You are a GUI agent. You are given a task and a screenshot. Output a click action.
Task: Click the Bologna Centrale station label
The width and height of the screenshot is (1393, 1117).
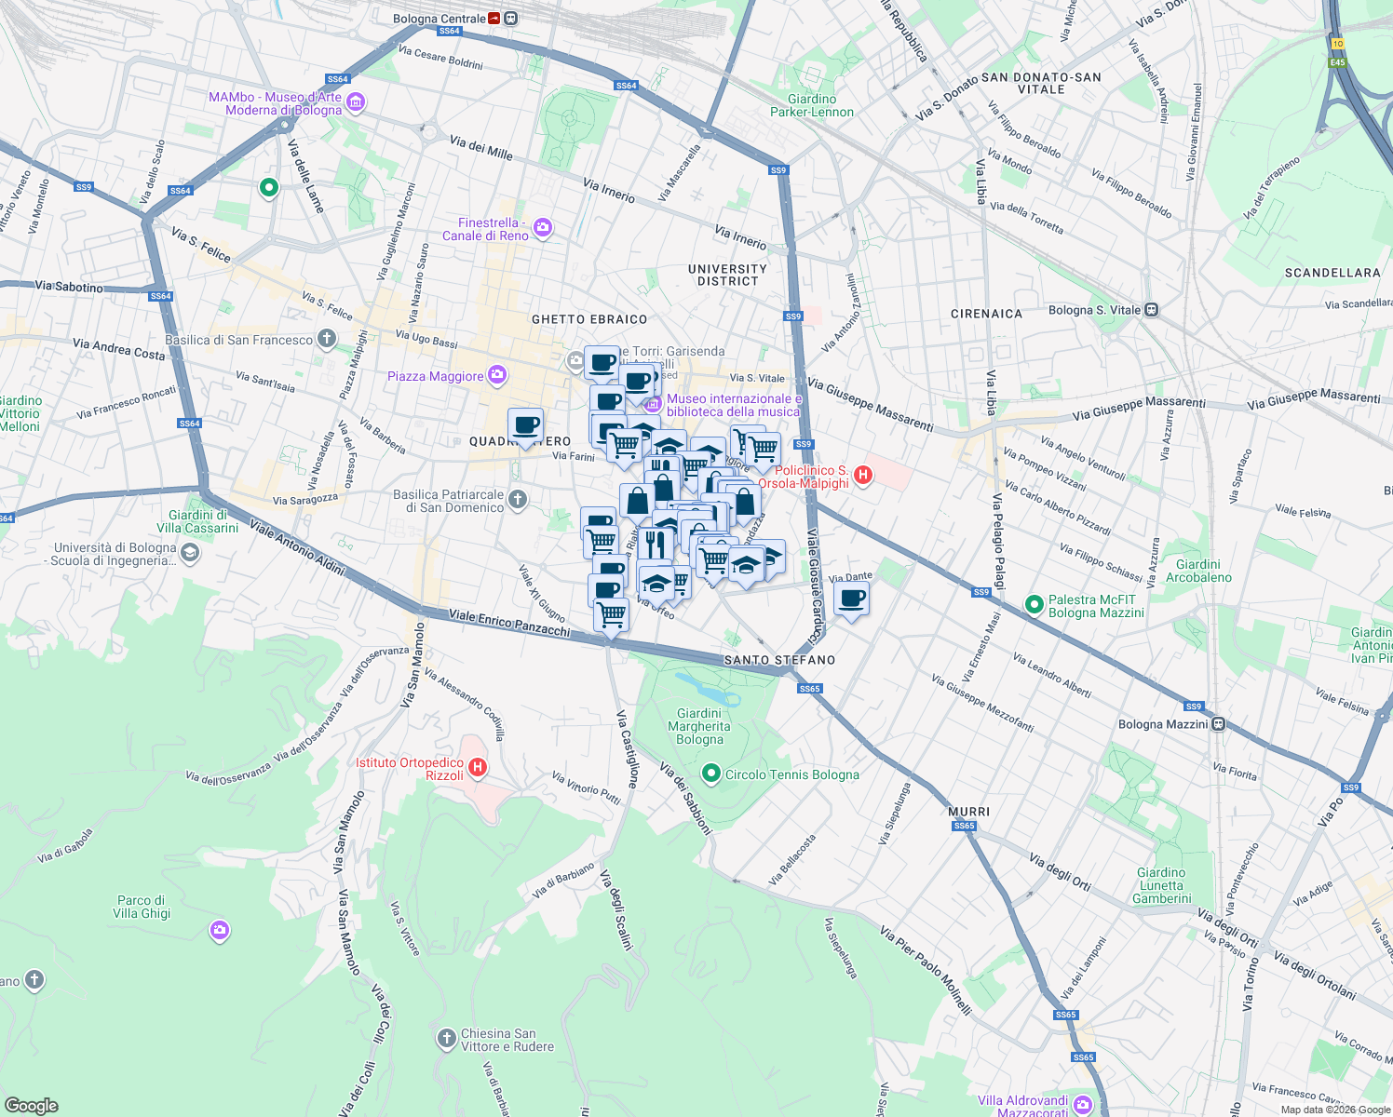[439, 19]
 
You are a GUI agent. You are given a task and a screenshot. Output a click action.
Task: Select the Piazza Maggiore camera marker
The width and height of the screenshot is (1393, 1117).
[497, 375]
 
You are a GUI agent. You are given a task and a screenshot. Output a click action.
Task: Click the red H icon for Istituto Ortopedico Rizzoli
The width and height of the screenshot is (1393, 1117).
[478, 768]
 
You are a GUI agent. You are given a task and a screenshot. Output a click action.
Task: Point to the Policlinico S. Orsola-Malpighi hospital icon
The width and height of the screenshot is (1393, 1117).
[863, 476]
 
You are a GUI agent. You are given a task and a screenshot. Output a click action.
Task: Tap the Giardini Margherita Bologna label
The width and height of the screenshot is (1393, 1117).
[699, 726]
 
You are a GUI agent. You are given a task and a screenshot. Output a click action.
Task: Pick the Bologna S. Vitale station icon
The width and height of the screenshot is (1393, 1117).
[1152, 310]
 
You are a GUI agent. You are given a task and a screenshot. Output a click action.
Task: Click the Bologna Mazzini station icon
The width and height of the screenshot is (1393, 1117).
[1219, 724]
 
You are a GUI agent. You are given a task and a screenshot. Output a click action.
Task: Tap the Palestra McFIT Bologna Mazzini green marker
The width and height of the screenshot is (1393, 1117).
[1034, 605]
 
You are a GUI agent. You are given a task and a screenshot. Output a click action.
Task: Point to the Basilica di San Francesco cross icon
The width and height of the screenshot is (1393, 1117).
[326, 339]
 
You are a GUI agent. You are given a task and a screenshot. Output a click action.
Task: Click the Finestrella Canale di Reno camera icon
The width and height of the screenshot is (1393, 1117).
[544, 228]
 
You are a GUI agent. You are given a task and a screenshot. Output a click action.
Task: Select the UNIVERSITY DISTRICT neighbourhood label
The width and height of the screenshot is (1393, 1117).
[727, 275]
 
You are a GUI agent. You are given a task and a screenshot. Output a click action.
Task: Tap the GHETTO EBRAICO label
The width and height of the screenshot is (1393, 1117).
[589, 319]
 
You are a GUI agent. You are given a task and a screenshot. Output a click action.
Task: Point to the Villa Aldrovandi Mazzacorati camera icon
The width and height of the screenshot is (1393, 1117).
[1083, 1106]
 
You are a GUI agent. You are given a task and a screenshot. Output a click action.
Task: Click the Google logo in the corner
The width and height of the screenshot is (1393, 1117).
[31, 1106]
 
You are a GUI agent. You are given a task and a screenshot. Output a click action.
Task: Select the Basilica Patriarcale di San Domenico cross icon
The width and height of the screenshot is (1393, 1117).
[518, 500]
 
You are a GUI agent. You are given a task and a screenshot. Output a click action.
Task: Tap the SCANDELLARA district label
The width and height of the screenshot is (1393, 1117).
[1332, 273]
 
